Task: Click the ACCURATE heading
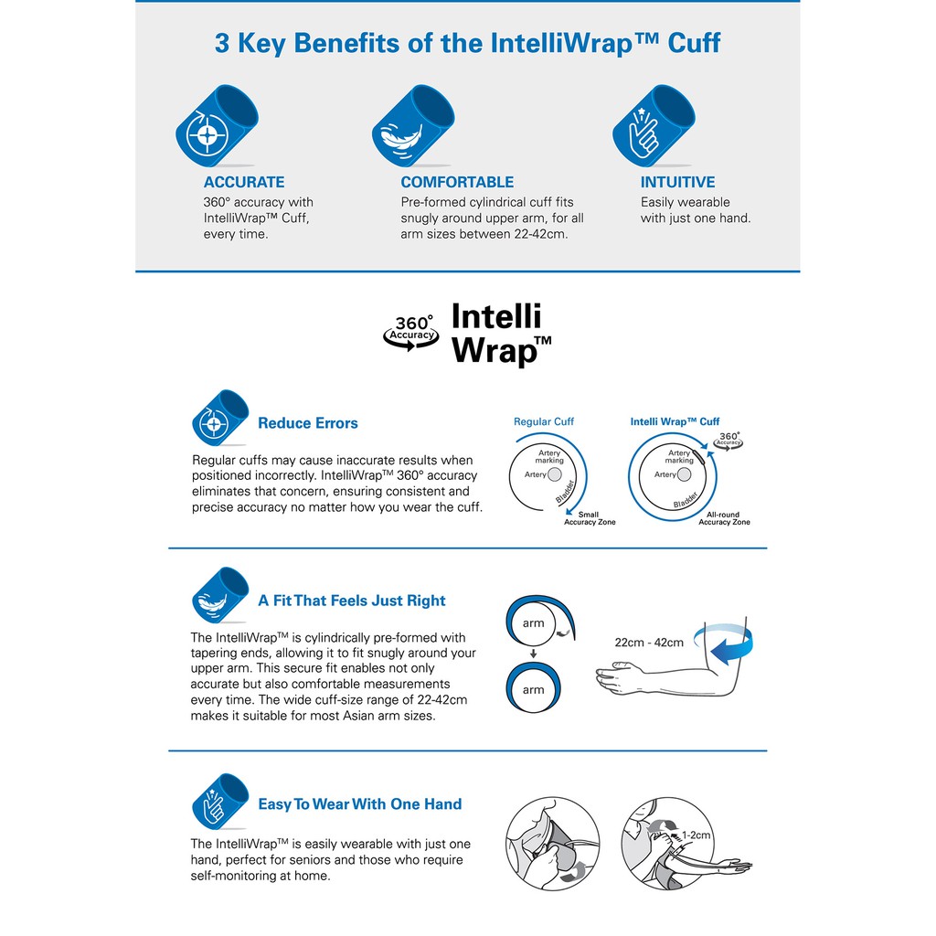click(x=243, y=182)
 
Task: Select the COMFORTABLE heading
click(x=457, y=182)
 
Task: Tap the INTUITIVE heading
click(x=677, y=182)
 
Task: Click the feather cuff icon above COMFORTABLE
click(x=413, y=125)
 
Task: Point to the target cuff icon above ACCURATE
click(x=217, y=125)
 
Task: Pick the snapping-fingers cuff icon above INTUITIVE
click(x=654, y=125)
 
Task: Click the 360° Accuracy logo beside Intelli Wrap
click(x=410, y=333)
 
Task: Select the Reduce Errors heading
click(x=307, y=423)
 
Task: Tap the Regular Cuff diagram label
click(x=543, y=421)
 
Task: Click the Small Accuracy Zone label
click(x=590, y=518)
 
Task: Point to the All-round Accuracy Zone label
click(x=724, y=518)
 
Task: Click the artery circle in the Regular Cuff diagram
click(x=555, y=474)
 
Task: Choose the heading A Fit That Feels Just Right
click(x=352, y=601)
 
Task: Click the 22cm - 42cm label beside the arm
click(x=649, y=643)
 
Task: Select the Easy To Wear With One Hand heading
click(x=359, y=804)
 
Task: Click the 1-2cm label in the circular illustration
click(x=696, y=835)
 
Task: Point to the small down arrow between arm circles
click(x=534, y=654)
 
